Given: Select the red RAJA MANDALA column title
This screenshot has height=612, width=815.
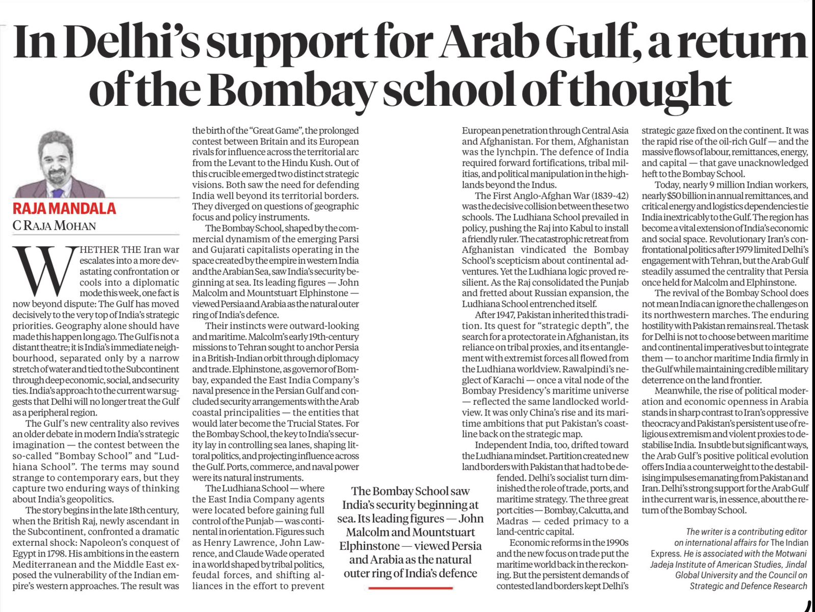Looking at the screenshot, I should (64, 208).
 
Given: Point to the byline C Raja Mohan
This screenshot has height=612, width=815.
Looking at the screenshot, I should (54, 225).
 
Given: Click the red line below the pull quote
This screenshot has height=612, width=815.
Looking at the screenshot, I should (411, 588).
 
